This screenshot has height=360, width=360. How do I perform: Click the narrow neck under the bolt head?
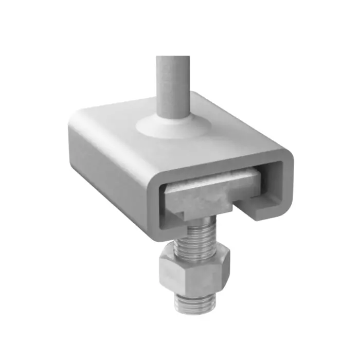(x=193, y=220)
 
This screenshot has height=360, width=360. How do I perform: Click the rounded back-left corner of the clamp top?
(x=77, y=116)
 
